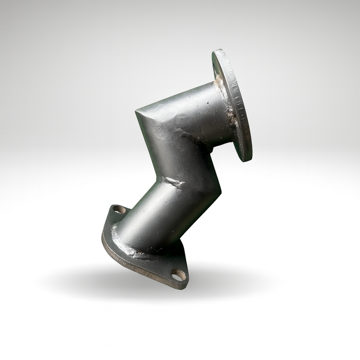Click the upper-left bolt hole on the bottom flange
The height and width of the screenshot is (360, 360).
point(119,209)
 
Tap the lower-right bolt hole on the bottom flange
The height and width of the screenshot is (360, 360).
point(179,274)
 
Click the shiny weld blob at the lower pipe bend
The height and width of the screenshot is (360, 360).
point(173,182)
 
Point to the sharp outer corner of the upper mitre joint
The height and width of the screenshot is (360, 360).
point(136,110)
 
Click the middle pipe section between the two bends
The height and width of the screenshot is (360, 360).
point(180,157)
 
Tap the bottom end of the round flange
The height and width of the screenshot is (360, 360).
point(247,160)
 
